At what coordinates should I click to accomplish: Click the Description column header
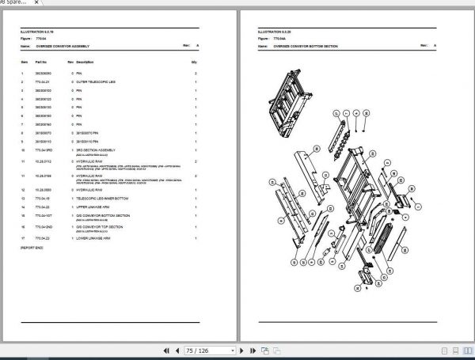pos(85,62)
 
